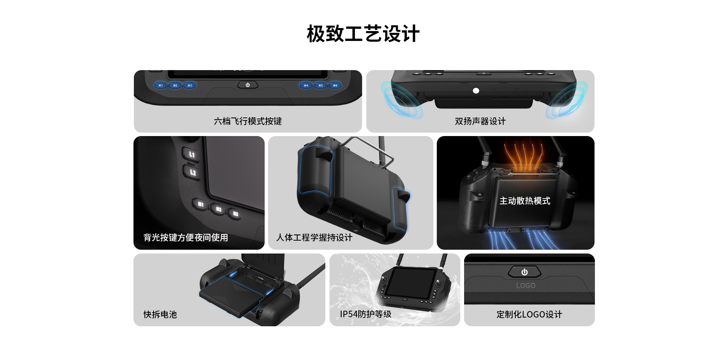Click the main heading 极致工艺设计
pyautogui.click(x=363, y=34)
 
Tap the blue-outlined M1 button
pyautogui.click(x=160, y=85)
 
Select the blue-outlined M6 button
pyautogui.click(x=335, y=85)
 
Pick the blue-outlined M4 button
pyautogui.click(x=306, y=85)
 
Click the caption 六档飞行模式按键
pyautogui.click(x=248, y=121)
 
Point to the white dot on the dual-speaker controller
pyautogui.click(x=476, y=91)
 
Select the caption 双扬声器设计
pyautogui.click(x=480, y=121)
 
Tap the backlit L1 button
pyautogui.click(x=191, y=154)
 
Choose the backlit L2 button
pyautogui.click(x=192, y=172)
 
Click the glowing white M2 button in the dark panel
pyautogui.click(x=218, y=209)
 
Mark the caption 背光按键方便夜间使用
pyautogui.click(x=186, y=238)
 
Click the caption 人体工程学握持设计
pyautogui.click(x=314, y=238)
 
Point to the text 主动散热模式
pyautogui.click(x=525, y=201)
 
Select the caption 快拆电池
pyautogui.click(x=160, y=315)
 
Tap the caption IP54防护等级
pyautogui.click(x=366, y=314)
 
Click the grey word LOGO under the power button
pyautogui.click(x=526, y=286)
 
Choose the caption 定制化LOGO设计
pyautogui.click(x=529, y=315)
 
